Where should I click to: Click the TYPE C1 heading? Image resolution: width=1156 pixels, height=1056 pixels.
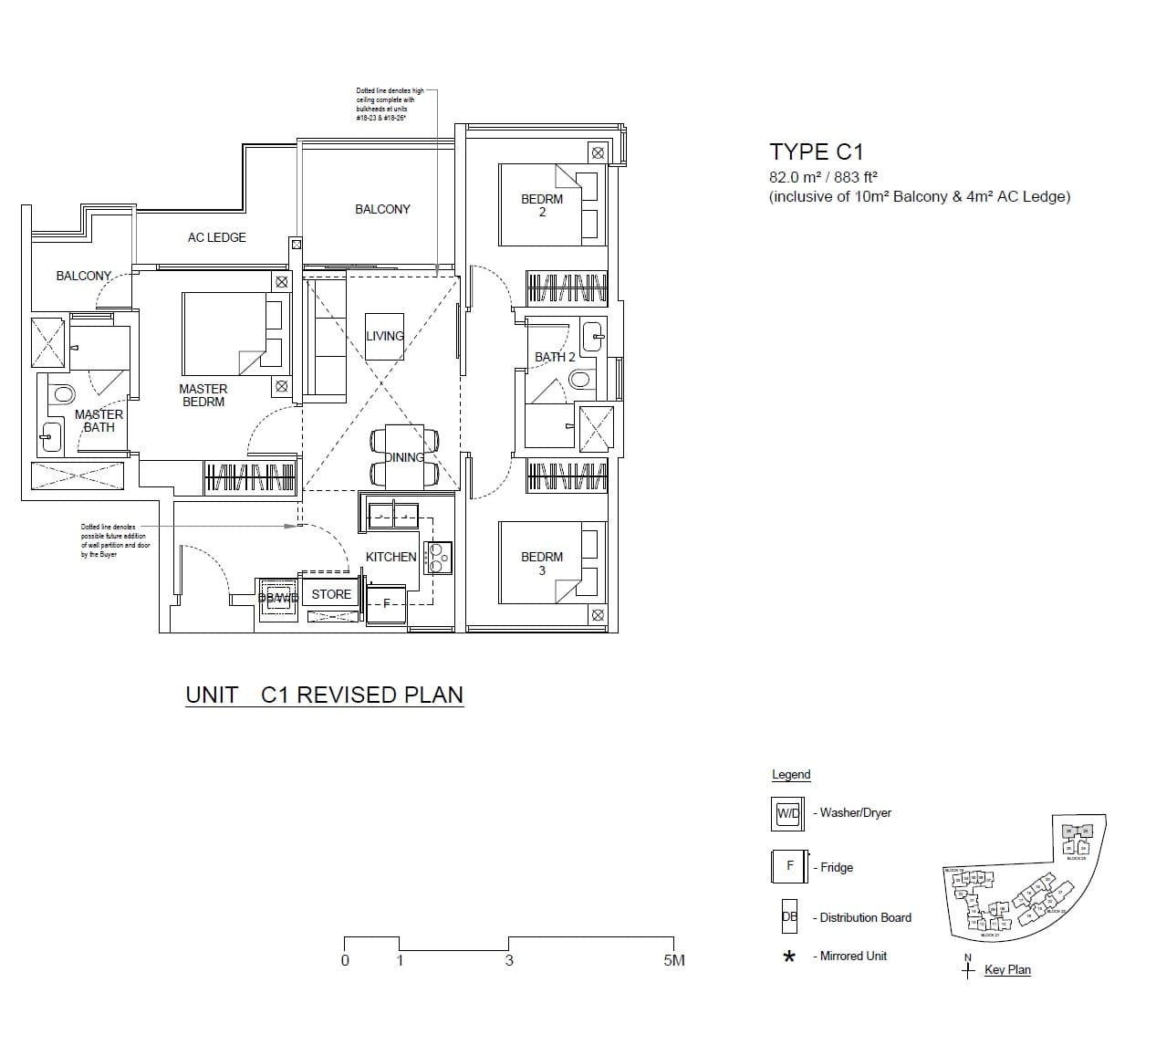tap(816, 152)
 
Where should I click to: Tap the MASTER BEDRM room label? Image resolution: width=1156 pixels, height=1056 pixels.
tap(203, 395)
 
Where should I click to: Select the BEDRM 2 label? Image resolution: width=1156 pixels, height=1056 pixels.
tap(542, 205)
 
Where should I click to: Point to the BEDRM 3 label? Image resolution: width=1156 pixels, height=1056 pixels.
tap(542, 563)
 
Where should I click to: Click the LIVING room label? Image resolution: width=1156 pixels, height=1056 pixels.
tap(384, 336)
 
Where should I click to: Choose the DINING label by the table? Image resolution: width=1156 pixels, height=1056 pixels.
tap(404, 457)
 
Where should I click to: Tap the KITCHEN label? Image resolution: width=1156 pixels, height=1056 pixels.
tap(391, 557)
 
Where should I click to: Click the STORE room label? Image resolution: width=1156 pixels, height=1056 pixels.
tap(331, 594)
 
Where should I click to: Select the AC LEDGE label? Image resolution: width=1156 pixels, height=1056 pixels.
tap(216, 237)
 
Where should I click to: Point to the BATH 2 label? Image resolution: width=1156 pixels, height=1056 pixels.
tap(555, 357)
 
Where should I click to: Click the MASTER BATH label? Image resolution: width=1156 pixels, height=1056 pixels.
tap(99, 421)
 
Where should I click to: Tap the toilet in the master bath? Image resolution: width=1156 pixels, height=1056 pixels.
tap(63, 394)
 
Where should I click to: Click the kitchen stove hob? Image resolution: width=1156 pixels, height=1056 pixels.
tap(437, 557)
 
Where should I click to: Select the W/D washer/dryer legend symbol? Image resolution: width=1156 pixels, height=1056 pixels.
tap(787, 813)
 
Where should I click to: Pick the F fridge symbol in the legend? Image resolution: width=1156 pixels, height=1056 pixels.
tap(790, 866)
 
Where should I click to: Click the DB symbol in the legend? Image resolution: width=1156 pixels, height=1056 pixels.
tap(789, 916)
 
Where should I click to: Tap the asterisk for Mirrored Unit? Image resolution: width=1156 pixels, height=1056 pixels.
tap(789, 957)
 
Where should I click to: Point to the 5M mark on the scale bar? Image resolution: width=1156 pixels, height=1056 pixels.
tap(673, 960)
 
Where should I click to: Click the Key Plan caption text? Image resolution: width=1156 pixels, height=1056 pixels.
tap(1007, 969)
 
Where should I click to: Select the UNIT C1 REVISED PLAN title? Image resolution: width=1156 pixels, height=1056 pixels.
tap(324, 695)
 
